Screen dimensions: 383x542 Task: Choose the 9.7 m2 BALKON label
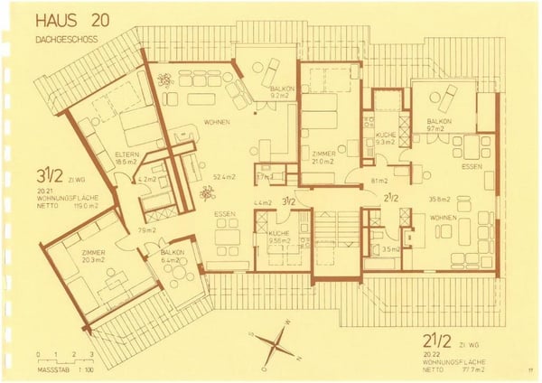(439, 125)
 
